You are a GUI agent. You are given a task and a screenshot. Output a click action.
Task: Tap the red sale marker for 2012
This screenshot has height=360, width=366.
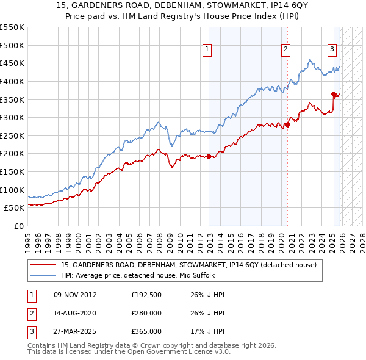(x=209, y=156)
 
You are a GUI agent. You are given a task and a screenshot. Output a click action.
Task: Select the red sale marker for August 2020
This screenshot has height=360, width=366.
(x=287, y=125)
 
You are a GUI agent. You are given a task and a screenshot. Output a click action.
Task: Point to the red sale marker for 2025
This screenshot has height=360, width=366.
(x=334, y=94)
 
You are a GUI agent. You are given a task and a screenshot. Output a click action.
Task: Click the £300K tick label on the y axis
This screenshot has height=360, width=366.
(x=12, y=117)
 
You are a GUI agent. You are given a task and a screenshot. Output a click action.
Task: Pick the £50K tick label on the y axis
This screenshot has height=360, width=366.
(x=15, y=208)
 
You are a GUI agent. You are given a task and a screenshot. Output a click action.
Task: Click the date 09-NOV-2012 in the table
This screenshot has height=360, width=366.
(x=75, y=295)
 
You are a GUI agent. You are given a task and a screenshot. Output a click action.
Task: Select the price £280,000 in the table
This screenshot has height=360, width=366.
(x=146, y=313)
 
